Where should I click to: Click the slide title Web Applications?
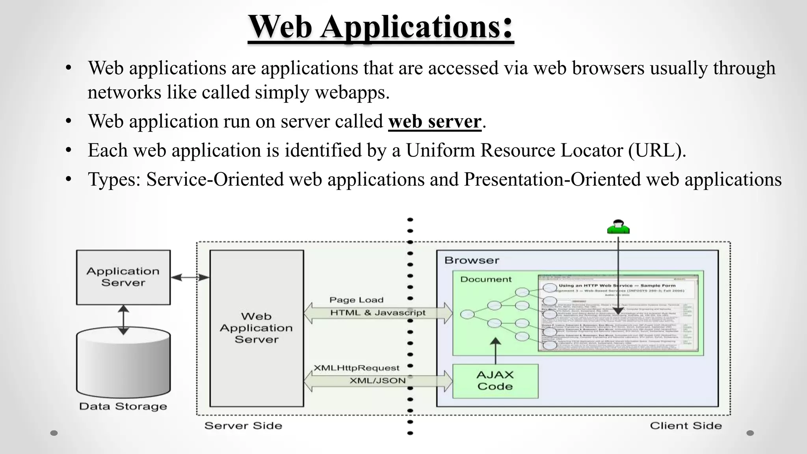381,27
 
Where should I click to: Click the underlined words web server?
435,121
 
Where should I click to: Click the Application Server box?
123,277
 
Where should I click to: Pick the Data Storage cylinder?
123,363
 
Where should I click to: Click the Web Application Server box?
257,328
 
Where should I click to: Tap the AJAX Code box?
495,381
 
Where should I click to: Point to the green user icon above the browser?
618,227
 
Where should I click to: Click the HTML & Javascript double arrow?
377,313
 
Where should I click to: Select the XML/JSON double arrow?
377,381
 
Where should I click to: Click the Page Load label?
356,300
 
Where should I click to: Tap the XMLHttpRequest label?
356,368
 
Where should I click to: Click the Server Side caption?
243,426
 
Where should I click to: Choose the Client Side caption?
686,426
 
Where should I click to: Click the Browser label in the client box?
472,260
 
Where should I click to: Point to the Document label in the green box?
485,279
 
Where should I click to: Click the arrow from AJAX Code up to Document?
495,351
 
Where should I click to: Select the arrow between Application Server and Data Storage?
123,320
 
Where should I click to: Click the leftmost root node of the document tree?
467,314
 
